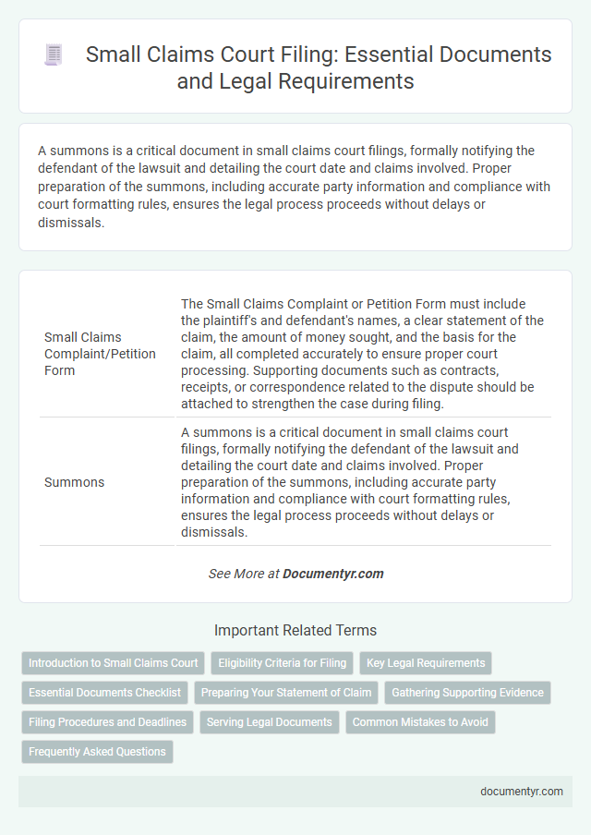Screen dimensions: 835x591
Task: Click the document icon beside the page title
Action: pyautogui.click(x=54, y=55)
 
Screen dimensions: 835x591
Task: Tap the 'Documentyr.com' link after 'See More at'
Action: pyautogui.click(x=332, y=574)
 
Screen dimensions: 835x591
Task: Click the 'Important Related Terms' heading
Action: pyautogui.click(x=295, y=631)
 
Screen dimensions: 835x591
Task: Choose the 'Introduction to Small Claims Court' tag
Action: pyautogui.click(x=114, y=663)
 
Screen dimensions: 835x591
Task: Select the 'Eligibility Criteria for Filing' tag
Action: pyautogui.click(x=279, y=663)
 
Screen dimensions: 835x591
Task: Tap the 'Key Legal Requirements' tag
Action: pyautogui.click(x=426, y=663)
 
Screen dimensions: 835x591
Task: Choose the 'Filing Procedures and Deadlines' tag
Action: pyautogui.click(x=107, y=722)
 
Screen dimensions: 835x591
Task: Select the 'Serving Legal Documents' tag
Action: pyautogui.click(x=269, y=722)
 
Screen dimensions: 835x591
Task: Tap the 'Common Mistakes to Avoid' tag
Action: pyautogui.click(x=421, y=722)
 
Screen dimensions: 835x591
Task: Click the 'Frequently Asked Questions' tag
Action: pyautogui.click(x=97, y=752)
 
